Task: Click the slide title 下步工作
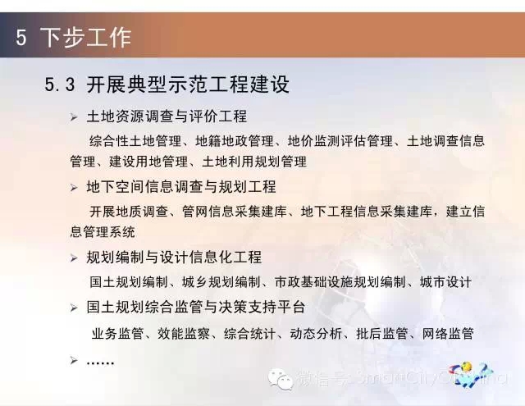pos(85,37)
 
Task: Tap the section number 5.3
pos(60,84)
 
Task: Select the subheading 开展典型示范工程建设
pos(188,84)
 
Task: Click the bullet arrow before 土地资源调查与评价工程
pos(74,117)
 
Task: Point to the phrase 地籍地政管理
pos(235,141)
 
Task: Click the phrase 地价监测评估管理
pos(340,141)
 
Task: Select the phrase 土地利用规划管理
pos(254,162)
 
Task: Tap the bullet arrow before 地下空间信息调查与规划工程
pos(74,188)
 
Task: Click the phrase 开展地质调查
pos(129,212)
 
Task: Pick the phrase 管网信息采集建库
pos(235,212)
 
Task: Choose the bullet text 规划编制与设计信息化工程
pos(174,258)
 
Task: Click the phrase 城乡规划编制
pos(221,282)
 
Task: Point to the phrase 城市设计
pos(445,282)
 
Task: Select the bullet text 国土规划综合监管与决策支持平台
pos(196,307)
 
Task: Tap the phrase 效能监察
pos(184,333)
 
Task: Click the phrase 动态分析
pos(316,333)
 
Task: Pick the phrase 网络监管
pos(448,333)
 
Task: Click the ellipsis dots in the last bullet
pos(100,363)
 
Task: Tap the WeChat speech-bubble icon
pos(281,379)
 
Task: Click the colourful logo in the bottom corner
pos(471,375)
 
